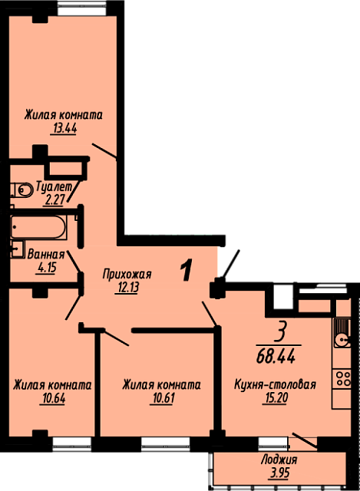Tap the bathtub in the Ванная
coord(38,227)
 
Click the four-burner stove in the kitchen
coord(343,378)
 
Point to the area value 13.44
coord(64,129)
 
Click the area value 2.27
coord(54,199)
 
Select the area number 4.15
coord(46,268)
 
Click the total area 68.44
coord(276,356)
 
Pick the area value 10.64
coord(53,398)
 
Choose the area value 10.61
coord(162,398)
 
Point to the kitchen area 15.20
coord(276,398)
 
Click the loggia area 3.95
coord(279,473)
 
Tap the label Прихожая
coord(127,275)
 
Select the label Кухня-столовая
coord(275,384)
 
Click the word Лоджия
coord(279,460)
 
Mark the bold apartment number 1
coord(186,270)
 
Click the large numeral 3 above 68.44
coord(279,332)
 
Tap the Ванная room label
coord(46,254)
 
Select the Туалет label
coord(54,186)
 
